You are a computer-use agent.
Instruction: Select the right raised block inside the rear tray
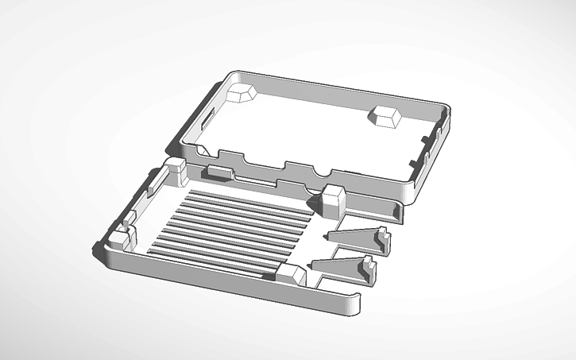(x=385, y=116)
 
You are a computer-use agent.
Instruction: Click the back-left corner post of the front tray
(x=174, y=170)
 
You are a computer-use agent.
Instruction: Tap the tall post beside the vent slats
(x=333, y=201)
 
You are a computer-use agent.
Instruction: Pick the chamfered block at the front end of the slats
(x=291, y=274)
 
